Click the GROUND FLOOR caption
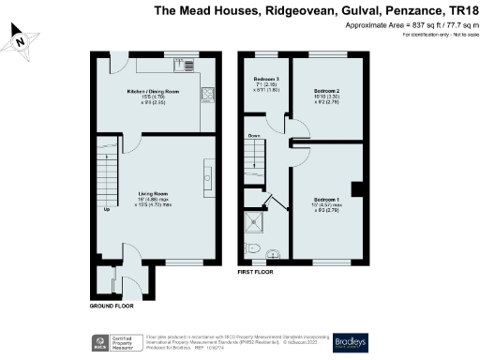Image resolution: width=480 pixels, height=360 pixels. coord(112,306)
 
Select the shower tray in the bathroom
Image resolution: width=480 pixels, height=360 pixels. coord(255,222)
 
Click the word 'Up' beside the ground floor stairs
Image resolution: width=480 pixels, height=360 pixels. coord(107,209)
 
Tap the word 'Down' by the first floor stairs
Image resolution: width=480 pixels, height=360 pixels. coord(253,136)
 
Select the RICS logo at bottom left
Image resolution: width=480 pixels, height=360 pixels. coord(97,341)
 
